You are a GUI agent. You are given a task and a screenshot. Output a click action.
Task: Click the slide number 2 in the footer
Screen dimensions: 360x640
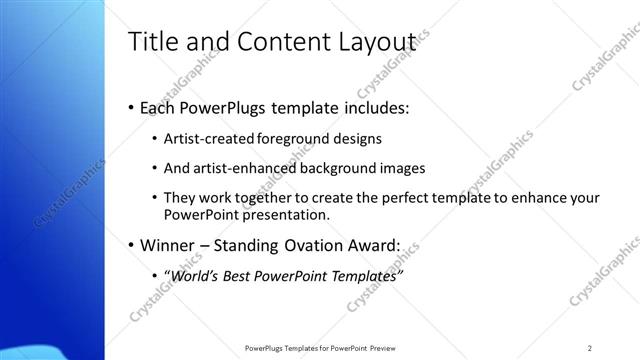click(x=590, y=347)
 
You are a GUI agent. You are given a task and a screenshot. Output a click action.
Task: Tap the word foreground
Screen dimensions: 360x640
click(x=290, y=138)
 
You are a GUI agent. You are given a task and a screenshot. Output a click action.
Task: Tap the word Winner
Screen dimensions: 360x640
click(x=173, y=244)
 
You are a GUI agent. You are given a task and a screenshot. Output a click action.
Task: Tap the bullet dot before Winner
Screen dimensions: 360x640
click(x=132, y=245)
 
